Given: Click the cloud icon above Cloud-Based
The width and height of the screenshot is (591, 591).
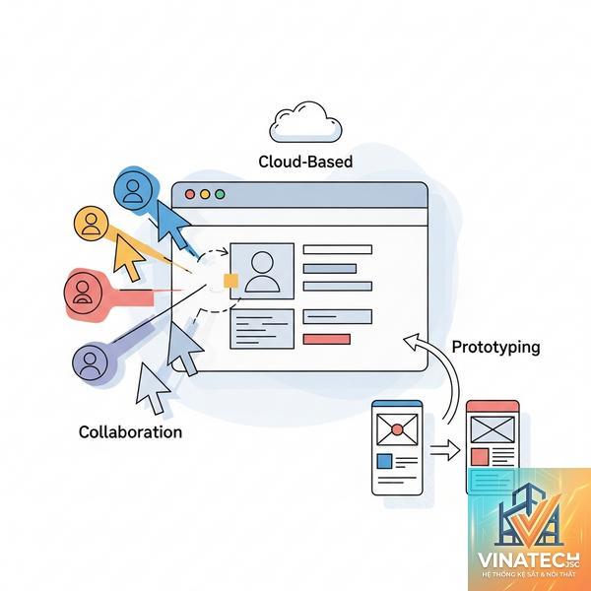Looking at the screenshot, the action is pyautogui.click(x=305, y=122).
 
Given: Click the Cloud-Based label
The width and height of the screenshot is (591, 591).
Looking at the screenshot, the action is pyautogui.click(x=305, y=162).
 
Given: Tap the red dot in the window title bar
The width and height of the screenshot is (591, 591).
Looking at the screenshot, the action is pyautogui.click(x=190, y=194).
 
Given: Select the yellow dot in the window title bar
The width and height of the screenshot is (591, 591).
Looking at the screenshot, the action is pyautogui.click(x=205, y=194).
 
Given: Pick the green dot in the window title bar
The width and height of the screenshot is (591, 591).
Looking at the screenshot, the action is pyautogui.click(x=220, y=194).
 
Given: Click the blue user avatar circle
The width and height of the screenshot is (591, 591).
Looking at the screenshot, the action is pyautogui.click(x=133, y=189).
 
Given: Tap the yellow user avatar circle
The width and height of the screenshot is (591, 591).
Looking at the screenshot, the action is pyautogui.click(x=91, y=224).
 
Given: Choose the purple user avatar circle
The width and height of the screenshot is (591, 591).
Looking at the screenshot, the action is pyautogui.click(x=90, y=361).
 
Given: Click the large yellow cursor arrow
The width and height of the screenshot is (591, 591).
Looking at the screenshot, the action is pyautogui.click(x=127, y=257).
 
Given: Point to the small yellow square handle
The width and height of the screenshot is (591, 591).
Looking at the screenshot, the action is pyautogui.click(x=231, y=281).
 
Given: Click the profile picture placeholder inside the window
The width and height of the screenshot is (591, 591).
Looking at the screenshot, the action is pyautogui.click(x=262, y=272).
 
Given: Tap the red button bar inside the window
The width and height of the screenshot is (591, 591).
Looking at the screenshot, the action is pyautogui.click(x=327, y=339).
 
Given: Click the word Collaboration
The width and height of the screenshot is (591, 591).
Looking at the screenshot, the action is pyautogui.click(x=130, y=432).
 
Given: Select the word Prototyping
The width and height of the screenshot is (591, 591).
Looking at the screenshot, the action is pyautogui.click(x=495, y=347).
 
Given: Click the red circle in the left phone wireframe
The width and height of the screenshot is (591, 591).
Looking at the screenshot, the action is pyautogui.click(x=397, y=429).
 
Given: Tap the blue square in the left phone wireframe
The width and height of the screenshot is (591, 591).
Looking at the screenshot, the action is pyautogui.click(x=384, y=461).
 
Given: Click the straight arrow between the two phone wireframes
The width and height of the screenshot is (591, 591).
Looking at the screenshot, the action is pyautogui.click(x=445, y=450).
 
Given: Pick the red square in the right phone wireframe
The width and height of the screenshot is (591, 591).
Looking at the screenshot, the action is pyautogui.click(x=480, y=457).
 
